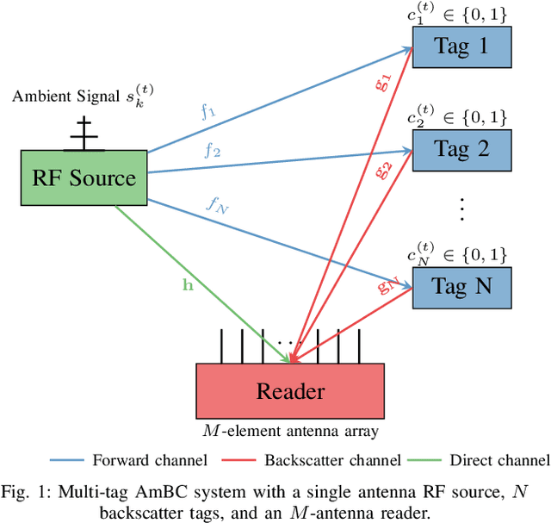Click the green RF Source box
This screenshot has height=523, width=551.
[84, 179]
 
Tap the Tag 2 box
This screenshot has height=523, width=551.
[461, 149]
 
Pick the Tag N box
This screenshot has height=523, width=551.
[461, 287]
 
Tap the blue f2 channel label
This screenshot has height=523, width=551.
[212, 151]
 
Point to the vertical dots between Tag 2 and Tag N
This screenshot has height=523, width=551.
[461, 207]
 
